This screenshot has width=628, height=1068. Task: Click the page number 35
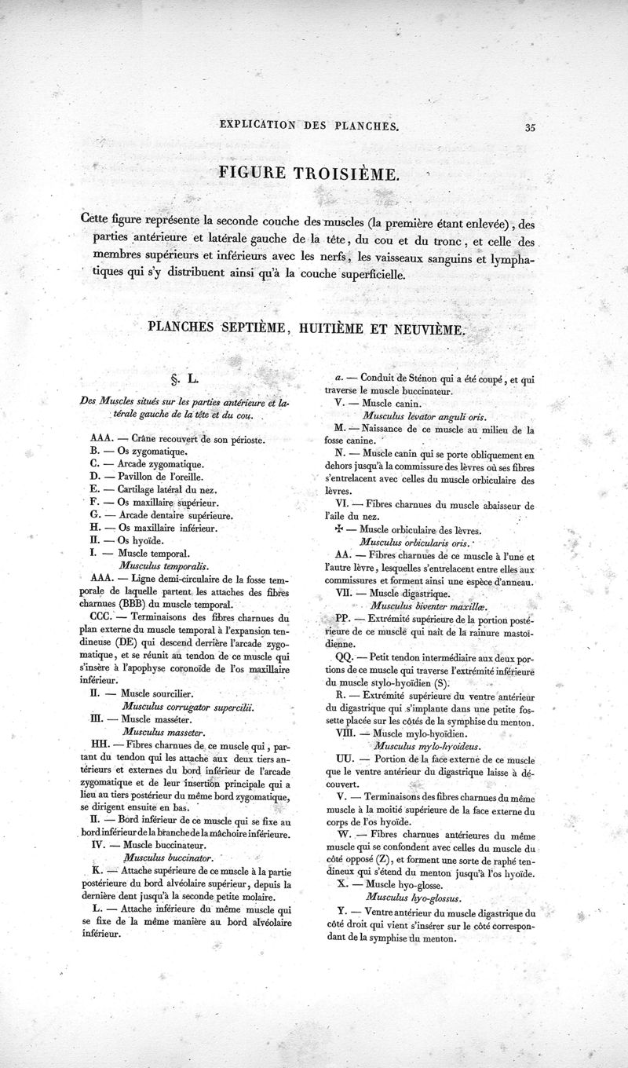point(531,130)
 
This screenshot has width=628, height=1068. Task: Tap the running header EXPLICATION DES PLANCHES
point(310,125)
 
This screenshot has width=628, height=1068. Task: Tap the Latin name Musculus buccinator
point(169,858)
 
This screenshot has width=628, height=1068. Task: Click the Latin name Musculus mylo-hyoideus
point(429,746)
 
